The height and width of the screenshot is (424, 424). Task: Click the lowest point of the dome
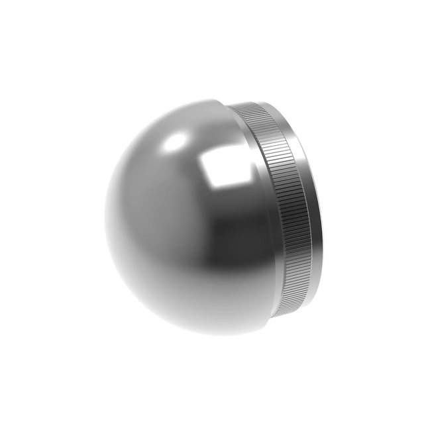(x=199, y=334)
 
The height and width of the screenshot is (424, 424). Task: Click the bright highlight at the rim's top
(x=272, y=106)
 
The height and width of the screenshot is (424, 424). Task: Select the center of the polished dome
(x=189, y=219)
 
